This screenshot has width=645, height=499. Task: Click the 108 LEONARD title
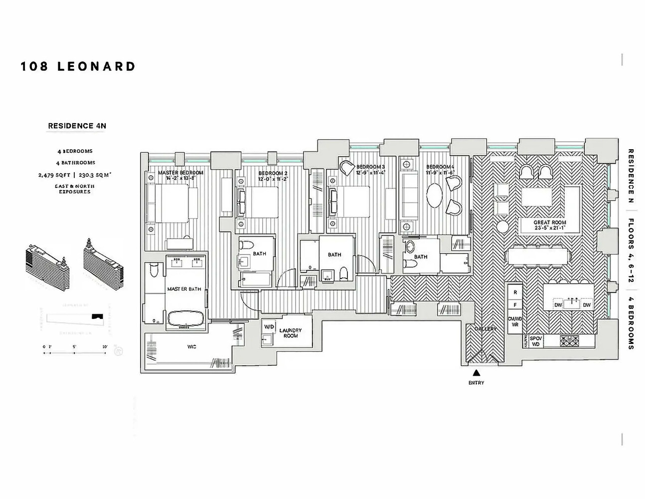click(x=78, y=66)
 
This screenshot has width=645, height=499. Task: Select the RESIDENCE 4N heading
click(x=77, y=126)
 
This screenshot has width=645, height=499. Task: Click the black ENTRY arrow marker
click(x=476, y=372)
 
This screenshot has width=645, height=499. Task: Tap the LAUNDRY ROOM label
click(x=290, y=333)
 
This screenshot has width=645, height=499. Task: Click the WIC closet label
click(x=192, y=346)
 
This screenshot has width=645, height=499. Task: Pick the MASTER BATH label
click(x=184, y=289)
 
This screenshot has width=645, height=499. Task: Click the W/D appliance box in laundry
click(x=269, y=326)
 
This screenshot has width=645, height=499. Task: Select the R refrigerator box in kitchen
click(x=514, y=292)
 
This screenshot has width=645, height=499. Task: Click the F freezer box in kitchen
click(x=514, y=305)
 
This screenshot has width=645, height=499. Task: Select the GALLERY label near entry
click(x=485, y=329)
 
